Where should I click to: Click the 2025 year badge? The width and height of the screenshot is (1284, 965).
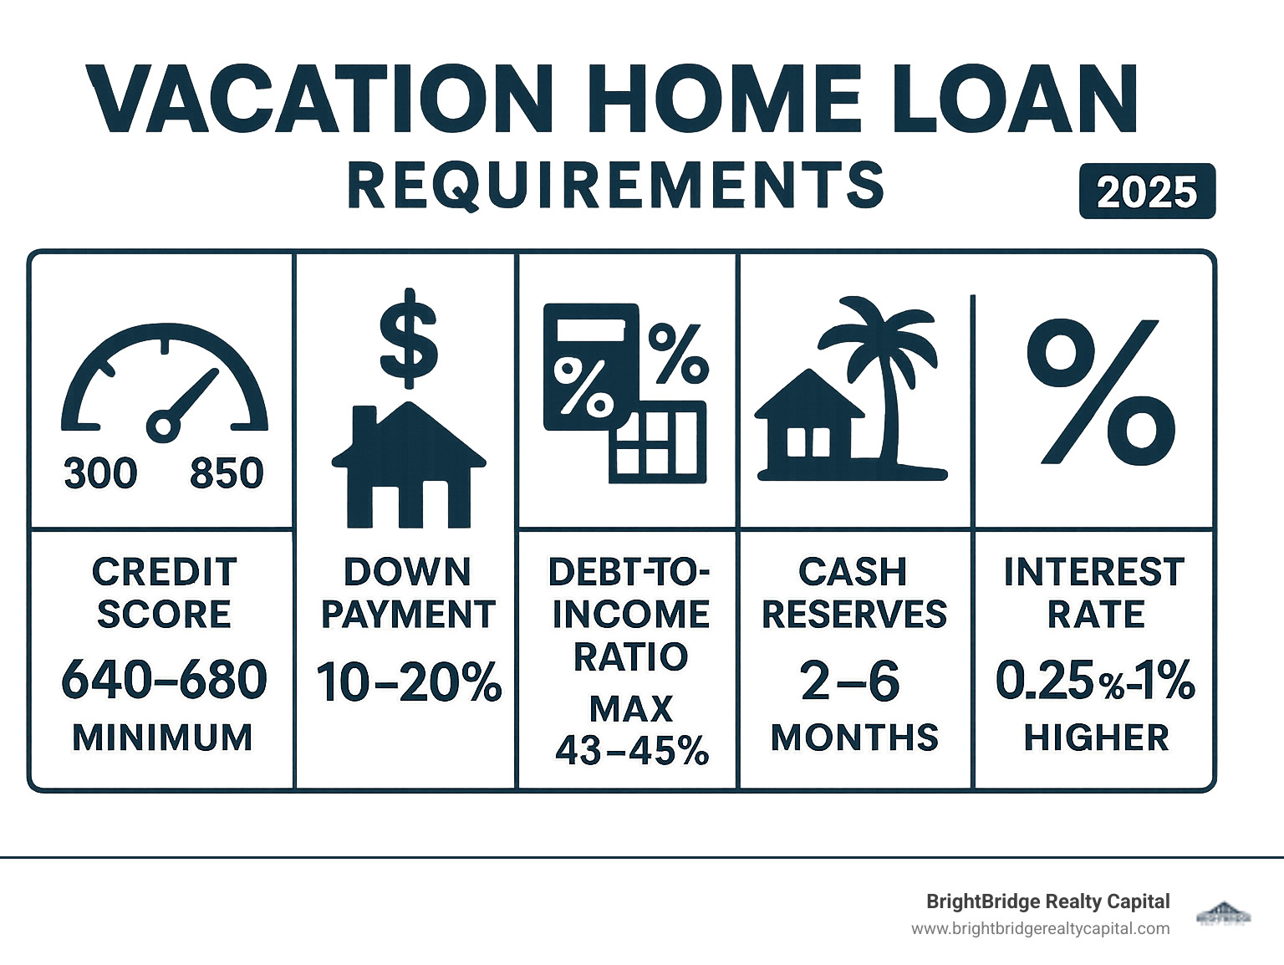[1147, 191]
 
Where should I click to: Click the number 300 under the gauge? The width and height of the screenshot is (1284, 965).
[100, 473]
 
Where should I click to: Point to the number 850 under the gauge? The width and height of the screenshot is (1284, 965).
[227, 473]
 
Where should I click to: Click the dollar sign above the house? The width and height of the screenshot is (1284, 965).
[409, 339]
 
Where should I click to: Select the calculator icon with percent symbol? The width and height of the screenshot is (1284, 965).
[590, 366]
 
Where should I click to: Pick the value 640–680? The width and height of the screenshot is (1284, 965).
[164, 680]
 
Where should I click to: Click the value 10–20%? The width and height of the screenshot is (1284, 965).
[409, 682]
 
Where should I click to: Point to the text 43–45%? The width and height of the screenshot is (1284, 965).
[632, 751]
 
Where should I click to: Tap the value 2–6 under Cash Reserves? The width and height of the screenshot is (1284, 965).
[850, 682]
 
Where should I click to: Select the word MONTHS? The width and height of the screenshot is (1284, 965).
[854, 738]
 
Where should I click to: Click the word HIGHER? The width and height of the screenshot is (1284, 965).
[1096, 738]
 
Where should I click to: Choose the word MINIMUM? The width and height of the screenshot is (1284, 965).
[162, 738]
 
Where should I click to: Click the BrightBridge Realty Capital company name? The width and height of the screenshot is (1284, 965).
[1047, 901]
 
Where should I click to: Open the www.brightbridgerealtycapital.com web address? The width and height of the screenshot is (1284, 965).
[1040, 928]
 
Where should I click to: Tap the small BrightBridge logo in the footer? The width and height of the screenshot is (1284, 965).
[1225, 913]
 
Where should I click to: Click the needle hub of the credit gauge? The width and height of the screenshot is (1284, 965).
[163, 427]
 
